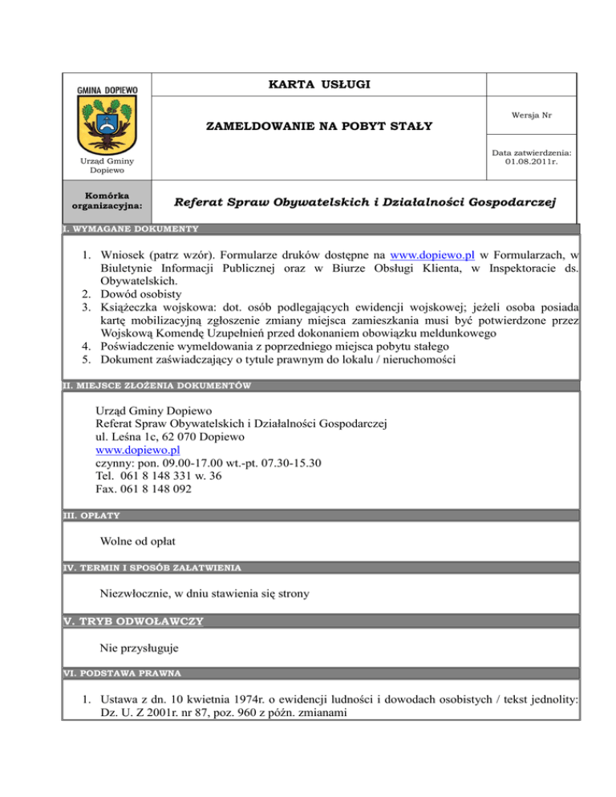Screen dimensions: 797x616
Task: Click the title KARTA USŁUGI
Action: coord(318,85)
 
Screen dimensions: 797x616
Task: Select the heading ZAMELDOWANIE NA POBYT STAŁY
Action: coord(318,126)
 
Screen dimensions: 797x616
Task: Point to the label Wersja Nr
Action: coord(531,115)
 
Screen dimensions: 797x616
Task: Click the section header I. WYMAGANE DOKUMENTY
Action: coord(132,229)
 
